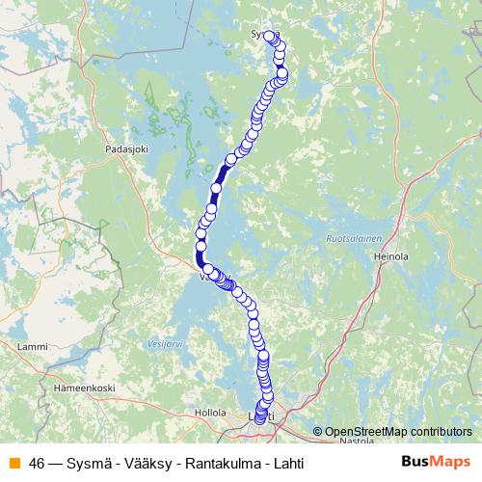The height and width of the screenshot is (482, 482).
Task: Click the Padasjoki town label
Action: [x=129, y=150]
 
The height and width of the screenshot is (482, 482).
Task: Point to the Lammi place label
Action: [x=33, y=346]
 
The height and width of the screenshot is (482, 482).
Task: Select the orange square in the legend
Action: [x=13, y=463]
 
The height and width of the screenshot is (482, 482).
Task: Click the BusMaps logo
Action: [x=436, y=462]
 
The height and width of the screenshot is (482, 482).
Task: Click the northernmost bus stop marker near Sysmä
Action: [x=270, y=37]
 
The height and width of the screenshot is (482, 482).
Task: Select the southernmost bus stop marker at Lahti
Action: [x=258, y=419]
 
